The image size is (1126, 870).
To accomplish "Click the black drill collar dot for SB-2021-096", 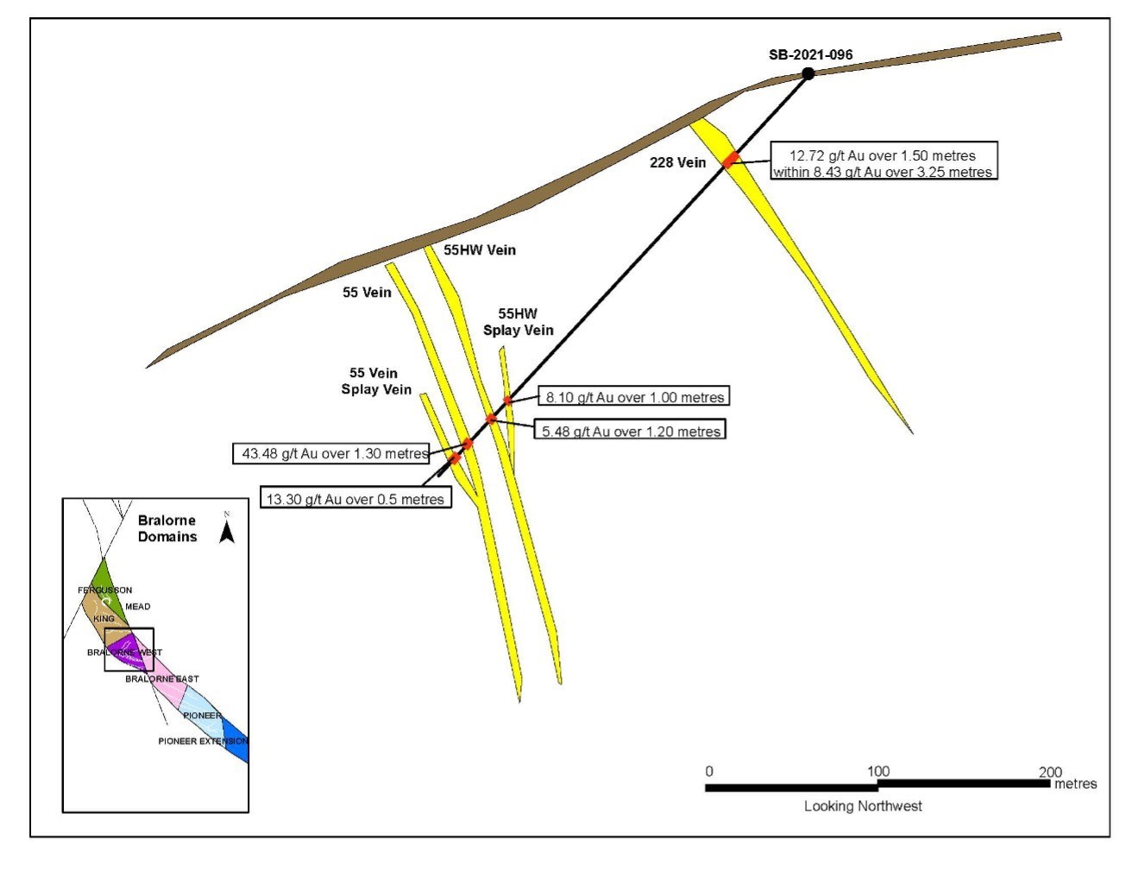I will pos(808,73).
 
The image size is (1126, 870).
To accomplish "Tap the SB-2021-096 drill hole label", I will pos(810,55).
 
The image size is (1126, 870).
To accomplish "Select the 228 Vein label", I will pos(677,162).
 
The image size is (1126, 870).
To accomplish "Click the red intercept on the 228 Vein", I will pos(731,160).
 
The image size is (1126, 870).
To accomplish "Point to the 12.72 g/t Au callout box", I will pos(883,163).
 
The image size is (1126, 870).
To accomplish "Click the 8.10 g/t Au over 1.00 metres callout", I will pos(634,397).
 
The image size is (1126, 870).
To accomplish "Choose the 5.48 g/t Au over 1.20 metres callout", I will pos(631,431).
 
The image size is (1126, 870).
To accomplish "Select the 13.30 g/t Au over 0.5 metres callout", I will pos(355,499).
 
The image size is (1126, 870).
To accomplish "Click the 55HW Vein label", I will pos(480,250).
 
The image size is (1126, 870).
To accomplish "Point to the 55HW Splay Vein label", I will pos(518,322).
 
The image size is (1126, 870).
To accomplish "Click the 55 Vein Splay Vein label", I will pos(375,381).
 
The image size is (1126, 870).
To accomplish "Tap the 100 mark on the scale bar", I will pos(878,772).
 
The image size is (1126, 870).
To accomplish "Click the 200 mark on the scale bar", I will pos(1050,772).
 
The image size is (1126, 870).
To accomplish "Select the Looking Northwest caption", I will pos(863,806).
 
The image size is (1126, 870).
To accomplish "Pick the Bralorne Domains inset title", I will pos(167,528).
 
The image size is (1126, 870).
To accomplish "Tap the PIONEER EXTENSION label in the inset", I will pos(203,741).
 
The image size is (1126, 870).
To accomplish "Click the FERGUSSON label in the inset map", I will pos(105,590).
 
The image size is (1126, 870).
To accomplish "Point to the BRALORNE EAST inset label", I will pos(162,679).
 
